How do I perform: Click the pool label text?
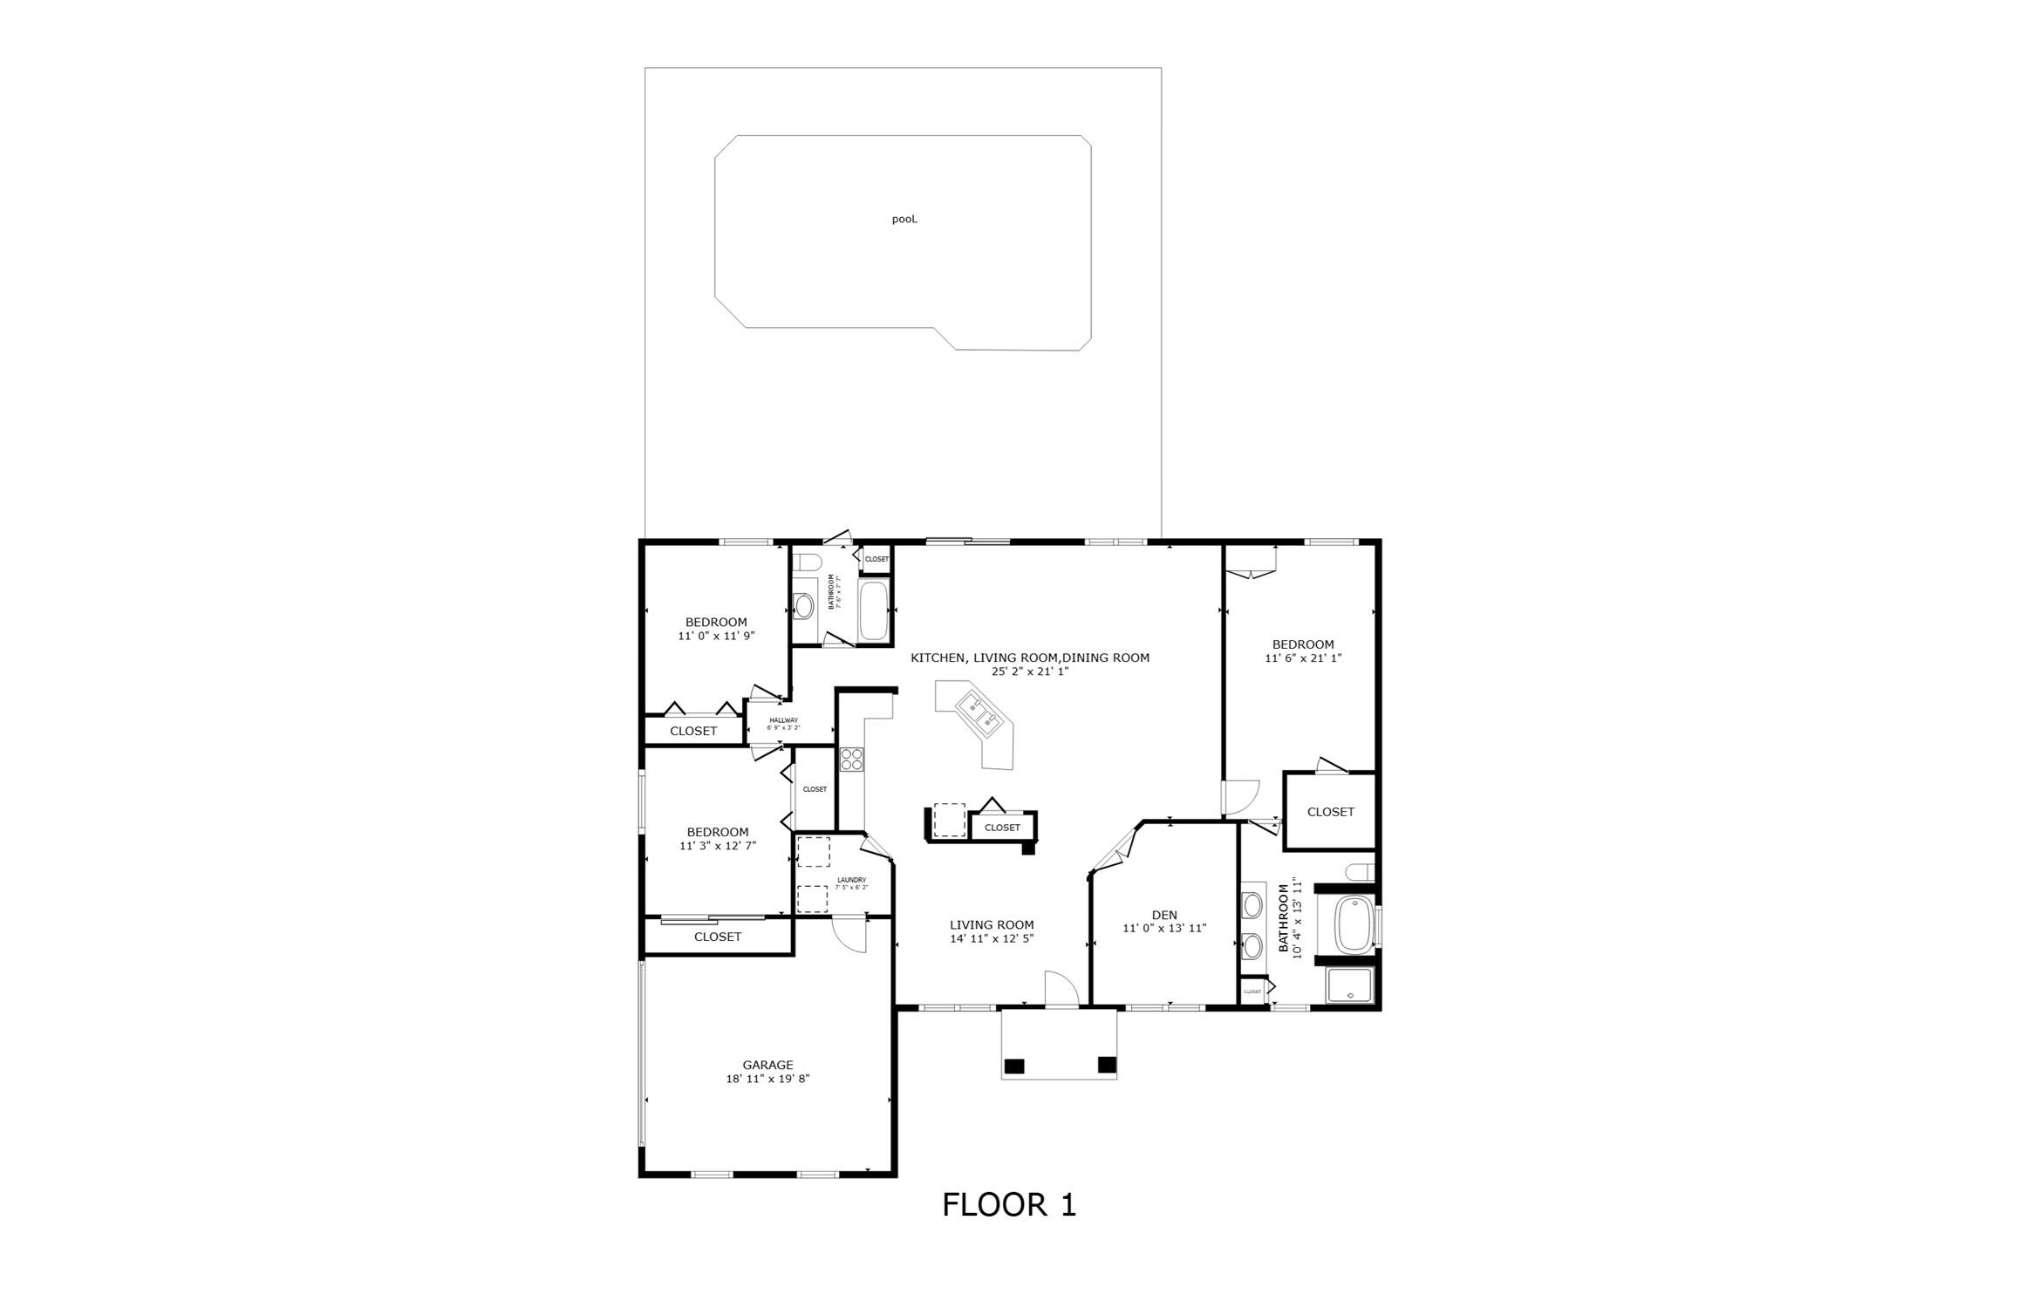click(904, 220)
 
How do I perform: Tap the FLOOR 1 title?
click(1009, 1204)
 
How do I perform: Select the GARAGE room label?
click(767, 1065)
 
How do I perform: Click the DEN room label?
click(1164, 915)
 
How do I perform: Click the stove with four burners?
click(851, 759)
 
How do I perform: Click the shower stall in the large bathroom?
click(1348, 985)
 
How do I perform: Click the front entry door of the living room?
click(1061, 991)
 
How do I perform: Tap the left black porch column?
click(1014, 1066)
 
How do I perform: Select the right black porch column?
click(1107, 1064)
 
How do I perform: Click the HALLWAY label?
click(783, 720)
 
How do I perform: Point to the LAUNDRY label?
click(851, 880)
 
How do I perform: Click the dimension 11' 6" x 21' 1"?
click(1303, 658)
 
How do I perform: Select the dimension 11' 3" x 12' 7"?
click(718, 846)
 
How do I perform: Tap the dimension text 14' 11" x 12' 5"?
click(992, 939)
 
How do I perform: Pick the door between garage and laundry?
click(849, 935)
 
